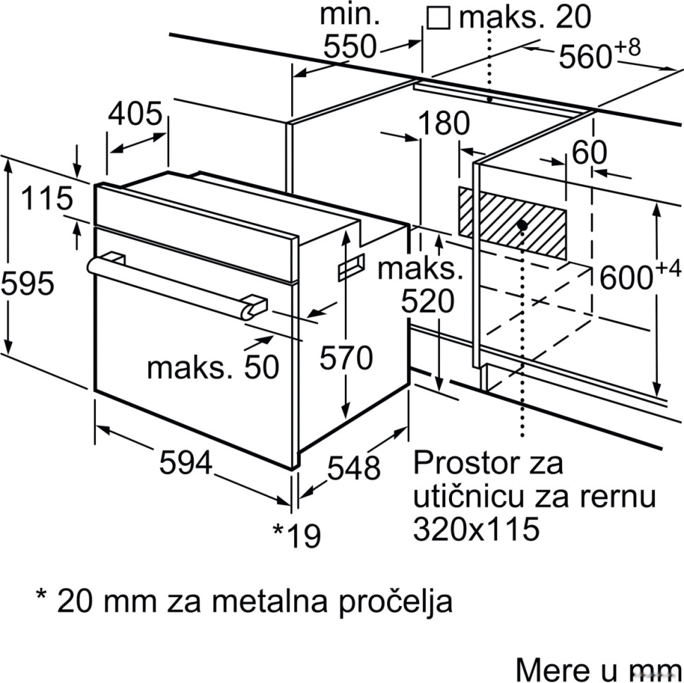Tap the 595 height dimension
(x=27, y=284)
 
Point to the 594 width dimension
(x=185, y=462)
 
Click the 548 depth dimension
(x=354, y=467)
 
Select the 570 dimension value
(x=346, y=358)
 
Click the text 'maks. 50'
(x=213, y=367)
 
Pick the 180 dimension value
(x=444, y=124)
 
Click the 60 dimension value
(x=590, y=152)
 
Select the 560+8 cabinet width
(x=599, y=56)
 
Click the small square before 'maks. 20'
(x=439, y=18)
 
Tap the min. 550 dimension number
(x=350, y=47)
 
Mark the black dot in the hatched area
(x=522, y=225)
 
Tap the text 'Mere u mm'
(x=598, y=668)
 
